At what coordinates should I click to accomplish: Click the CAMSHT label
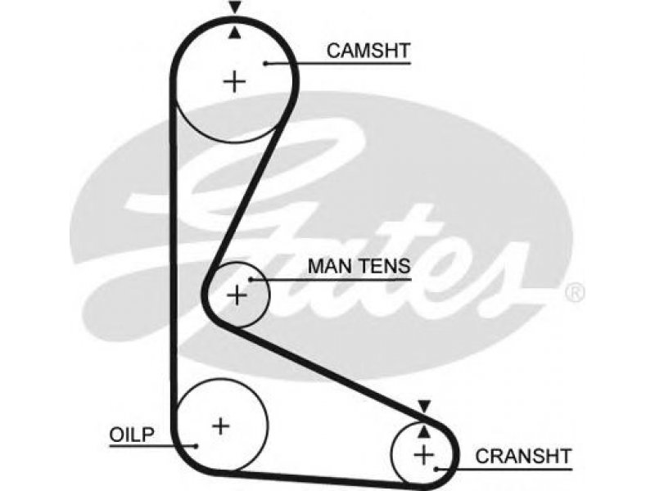[x=368, y=51]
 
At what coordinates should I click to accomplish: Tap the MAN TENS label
[x=359, y=267]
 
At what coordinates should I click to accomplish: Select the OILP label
[x=132, y=435]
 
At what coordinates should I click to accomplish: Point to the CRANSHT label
[x=523, y=457]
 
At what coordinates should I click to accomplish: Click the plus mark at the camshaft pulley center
[x=234, y=81]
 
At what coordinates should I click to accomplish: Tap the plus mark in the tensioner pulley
[x=237, y=295]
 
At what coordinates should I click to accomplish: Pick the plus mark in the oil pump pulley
[x=220, y=426]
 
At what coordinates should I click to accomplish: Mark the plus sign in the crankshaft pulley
[x=423, y=455]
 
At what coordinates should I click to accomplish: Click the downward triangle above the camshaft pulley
[x=235, y=7]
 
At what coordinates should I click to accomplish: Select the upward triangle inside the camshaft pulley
[x=235, y=33]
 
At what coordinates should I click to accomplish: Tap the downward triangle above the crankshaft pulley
[x=424, y=406]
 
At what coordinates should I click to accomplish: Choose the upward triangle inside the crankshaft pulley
[x=424, y=432]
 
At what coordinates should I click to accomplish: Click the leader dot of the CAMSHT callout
[x=265, y=64]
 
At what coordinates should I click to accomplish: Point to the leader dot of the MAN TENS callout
[x=251, y=279]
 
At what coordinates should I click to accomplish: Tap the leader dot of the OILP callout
[x=196, y=446]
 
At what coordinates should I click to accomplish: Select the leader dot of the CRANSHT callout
[x=436, y=469]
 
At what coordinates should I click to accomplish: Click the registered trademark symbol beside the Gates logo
[x=575, y=293]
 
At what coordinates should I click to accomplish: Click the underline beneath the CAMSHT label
[x=338, y=64]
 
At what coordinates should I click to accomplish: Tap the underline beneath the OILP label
[x=152, y=446]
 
